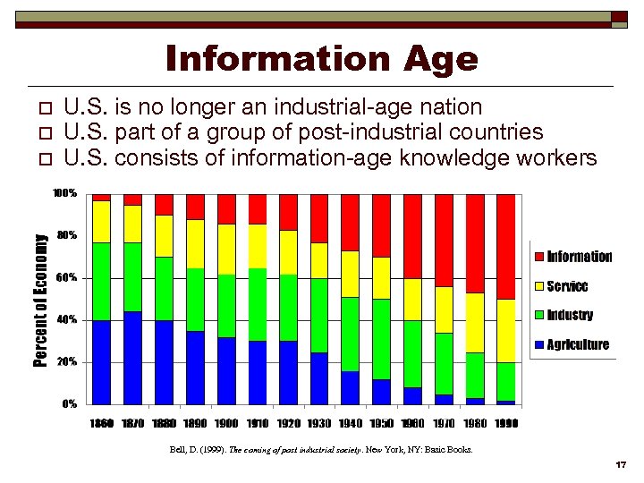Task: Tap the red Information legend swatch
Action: (x=538, y=258)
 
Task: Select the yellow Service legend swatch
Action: (x=538, y=287)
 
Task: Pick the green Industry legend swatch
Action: (x=538, y=316)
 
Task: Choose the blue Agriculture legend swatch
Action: (x=538, y=345)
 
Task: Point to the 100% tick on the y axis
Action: (x=64, y=193)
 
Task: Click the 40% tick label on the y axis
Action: (x=67, y=320)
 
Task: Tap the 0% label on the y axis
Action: (x=69, y=404)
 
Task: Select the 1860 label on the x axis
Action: (x=101, y=423)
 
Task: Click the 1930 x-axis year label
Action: (x=319, y=423)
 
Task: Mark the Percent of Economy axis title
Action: (x=40, y=299)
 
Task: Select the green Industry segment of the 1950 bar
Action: (x=382, y=339)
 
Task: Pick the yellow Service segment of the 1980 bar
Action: (x=475, y=322)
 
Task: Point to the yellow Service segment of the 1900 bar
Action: (x=226, y=250)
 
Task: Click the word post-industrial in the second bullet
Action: (x=373, y=132)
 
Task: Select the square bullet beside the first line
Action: (x=48, y=109)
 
